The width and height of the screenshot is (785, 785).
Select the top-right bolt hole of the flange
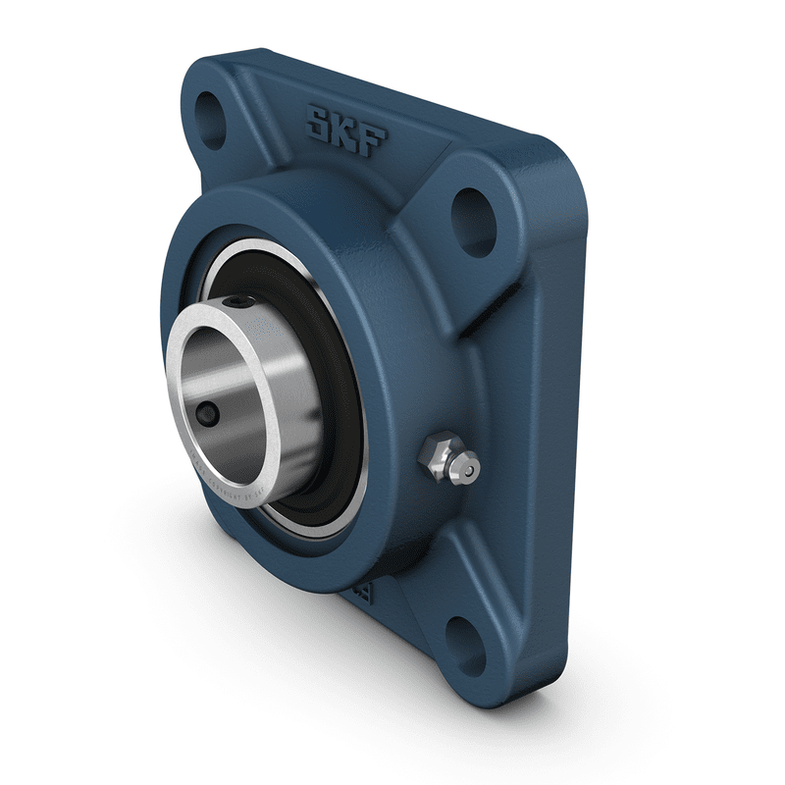[x=476, y=209]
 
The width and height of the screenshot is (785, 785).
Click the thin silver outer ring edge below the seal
[x=324, y=531]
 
